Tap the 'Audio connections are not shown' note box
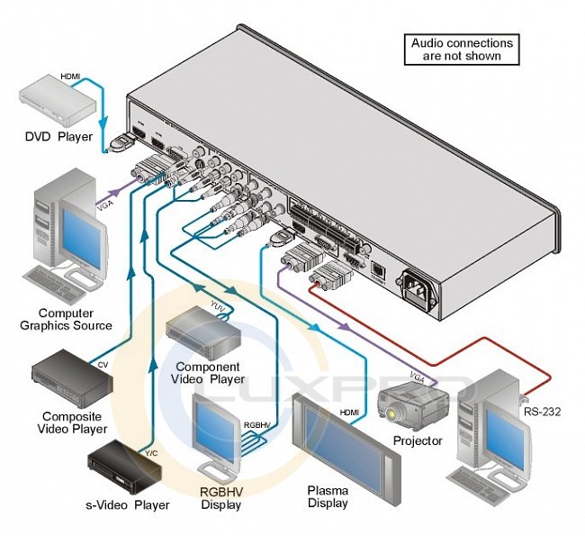click(x=462, y=49)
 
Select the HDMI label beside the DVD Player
click(x=70, y=77)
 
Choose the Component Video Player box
click(x=203, y=330)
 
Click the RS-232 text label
click(x=542, y=415)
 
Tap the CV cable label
click(x=103, y=365)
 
